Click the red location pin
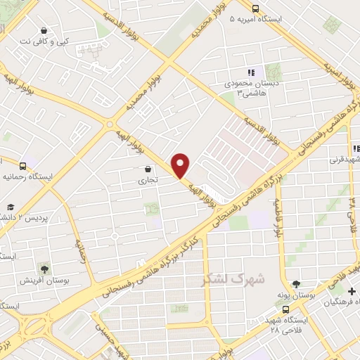181,165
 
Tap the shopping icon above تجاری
148,169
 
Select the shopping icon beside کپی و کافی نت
44,30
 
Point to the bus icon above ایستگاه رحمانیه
22,167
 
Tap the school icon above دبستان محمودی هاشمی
251,72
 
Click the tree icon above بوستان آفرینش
44,269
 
